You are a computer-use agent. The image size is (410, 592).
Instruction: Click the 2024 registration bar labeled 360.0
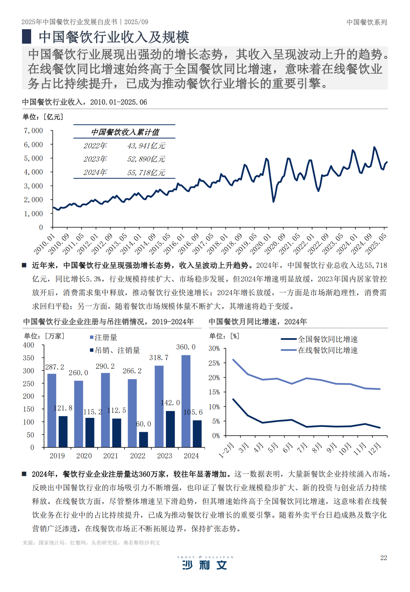[x=186, y=401]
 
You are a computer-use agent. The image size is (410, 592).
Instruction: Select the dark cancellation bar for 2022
[x=143, y=439]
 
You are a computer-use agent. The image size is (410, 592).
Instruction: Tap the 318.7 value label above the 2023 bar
[x=159, y=357]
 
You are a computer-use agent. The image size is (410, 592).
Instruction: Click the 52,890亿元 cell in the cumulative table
[x=146, y=159]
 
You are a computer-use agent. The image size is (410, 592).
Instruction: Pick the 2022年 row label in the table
[x=95, y=146]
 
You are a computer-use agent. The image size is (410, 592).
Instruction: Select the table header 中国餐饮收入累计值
[x=125, y=132]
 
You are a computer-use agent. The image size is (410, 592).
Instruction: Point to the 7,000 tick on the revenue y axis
[x=33, y=131]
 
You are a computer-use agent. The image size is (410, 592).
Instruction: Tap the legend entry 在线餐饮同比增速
[x=327, y=350]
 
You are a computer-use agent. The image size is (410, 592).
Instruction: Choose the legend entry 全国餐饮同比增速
[x=327, y=339]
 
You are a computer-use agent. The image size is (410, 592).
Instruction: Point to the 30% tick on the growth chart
[x=214, y=348]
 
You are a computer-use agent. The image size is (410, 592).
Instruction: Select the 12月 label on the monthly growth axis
[x=375, y=449]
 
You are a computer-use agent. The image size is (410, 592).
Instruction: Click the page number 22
[x=383, y=557]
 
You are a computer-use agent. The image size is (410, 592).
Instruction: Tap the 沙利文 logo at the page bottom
[x=205, y=564]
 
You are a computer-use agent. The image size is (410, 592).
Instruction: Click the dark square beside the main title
[x=27, y=36]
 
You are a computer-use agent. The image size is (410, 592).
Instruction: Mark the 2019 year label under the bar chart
[x=57, y=456]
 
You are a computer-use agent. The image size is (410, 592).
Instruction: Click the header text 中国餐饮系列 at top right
[x=367, y=22]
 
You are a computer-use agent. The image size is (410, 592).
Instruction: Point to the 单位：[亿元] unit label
[x=43, y=117]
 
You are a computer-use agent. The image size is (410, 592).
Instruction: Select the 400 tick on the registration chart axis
[x=28, y=345]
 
